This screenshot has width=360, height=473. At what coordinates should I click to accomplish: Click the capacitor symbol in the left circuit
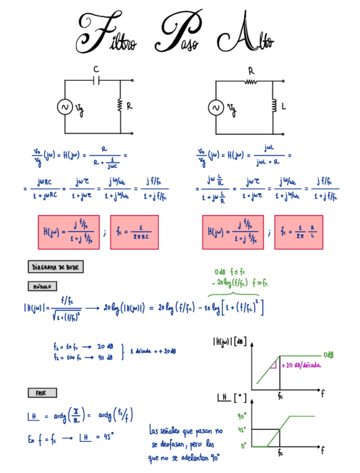coord(96,80)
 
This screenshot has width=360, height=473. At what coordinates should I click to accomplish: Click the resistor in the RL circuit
coord(250,81)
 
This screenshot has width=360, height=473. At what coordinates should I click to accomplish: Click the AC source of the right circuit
coord(216,107)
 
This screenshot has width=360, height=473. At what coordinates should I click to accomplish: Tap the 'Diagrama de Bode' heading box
coord(55,267)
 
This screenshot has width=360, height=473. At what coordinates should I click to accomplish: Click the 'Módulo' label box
coord(42,286)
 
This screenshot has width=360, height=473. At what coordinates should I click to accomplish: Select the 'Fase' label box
coord(41,393)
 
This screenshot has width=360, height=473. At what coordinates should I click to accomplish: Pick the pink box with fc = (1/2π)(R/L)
coord(299,232)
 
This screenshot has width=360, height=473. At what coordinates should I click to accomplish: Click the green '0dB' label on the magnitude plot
coord(330,355)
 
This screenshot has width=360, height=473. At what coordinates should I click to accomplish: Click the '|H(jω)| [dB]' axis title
coord(229,342)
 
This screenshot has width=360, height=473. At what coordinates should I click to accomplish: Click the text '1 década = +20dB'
coord(153,351)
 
